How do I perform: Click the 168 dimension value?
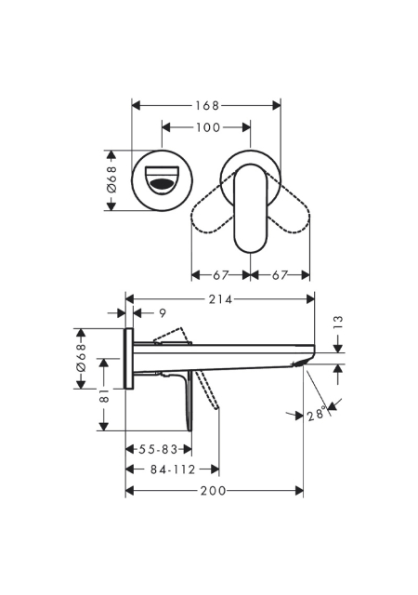point(207,105)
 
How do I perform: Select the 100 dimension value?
point(208,127)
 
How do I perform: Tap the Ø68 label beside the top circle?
point(111,179)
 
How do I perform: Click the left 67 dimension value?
point(221,275)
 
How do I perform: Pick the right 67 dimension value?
point(280,275)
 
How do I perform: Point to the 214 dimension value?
point(220,299)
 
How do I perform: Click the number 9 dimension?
point(163,313)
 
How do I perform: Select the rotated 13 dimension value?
point(339,322)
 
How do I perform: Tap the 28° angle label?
point(317,413)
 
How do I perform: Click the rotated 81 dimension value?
point(104,396)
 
